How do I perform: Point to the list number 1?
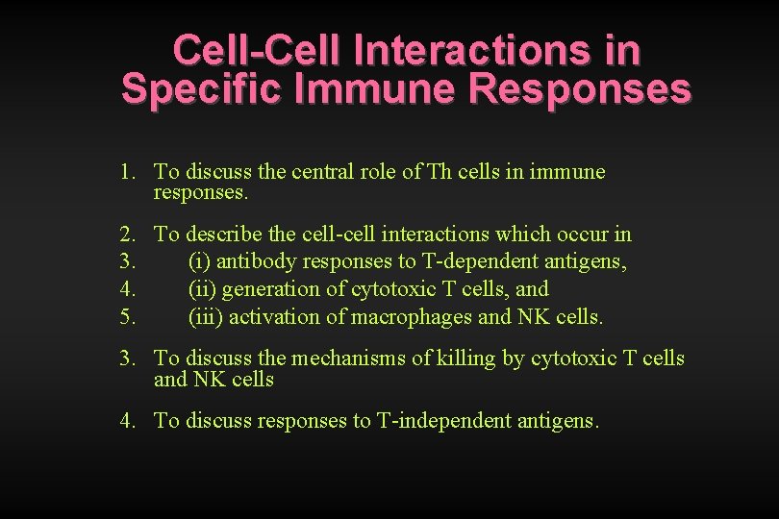(x=128, y=172)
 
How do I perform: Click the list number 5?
(x=128, y=316)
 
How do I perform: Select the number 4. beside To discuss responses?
(x=128, y=421)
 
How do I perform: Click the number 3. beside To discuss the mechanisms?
(x=128, y=358)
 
